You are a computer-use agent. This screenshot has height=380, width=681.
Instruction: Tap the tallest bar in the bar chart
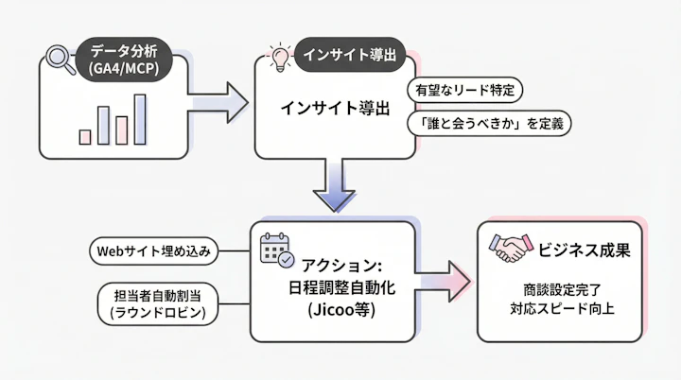pyautogui.click(x=140, y=119)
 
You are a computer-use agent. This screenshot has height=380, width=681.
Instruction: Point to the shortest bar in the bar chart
pyautogui.click(x=85, y=137)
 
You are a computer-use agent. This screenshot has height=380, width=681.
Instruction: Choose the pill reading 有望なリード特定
pyautogui.click(x=465, y=91)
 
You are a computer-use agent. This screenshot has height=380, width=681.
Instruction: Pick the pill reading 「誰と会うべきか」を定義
pyautogui.click(x=489, y=124)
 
